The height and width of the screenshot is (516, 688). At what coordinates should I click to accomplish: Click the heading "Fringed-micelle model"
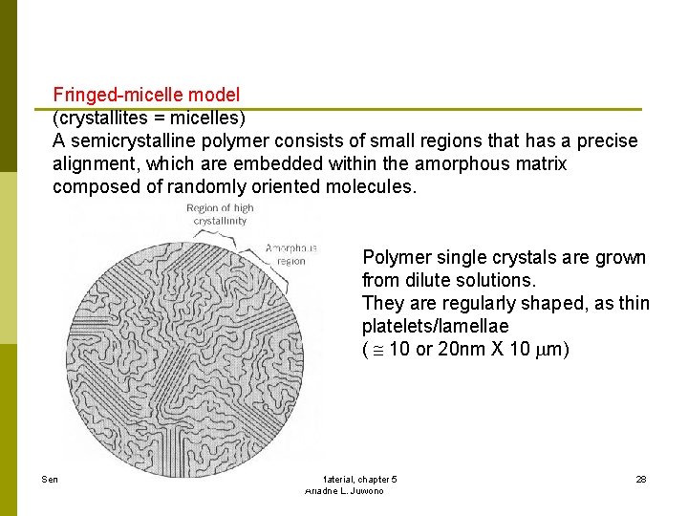pos(146,95)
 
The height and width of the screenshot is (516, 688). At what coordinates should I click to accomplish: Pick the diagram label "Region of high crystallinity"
pos(221,214)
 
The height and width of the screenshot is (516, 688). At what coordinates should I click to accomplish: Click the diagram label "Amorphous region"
pos(291,253)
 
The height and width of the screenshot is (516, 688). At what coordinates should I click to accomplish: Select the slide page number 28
pos(640,479)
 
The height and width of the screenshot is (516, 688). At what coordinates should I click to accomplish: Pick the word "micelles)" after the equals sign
pos(210,118)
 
